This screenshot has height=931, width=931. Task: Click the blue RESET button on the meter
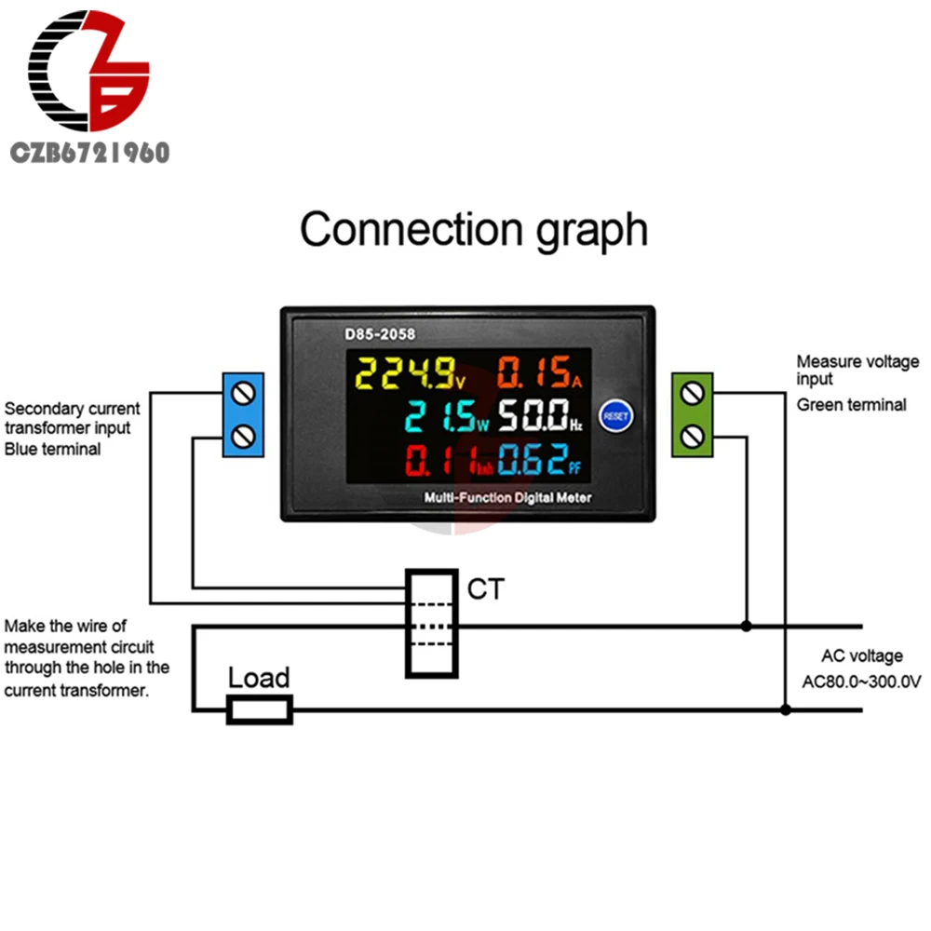click(x=615, y=416)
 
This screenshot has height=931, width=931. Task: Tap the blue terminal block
click(x=243, y=414)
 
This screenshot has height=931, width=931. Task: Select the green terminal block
click(x=692, y=414)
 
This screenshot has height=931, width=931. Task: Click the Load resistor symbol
click(x=261, y=710)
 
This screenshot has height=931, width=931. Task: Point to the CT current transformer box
click(x=431, y=623)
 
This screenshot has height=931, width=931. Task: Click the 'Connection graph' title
click(x=473, y=229)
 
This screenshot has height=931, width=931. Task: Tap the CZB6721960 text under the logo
click(x=89, y=153)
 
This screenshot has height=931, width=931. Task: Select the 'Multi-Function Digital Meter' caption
click(x=507, y=497)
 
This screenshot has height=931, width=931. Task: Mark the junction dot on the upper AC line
click(x=746, y=627)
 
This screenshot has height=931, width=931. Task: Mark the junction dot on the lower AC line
click(x=786, y=710)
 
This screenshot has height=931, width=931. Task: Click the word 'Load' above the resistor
click(x=259, y=677)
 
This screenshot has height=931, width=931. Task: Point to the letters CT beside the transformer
click(x=485, y=588)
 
